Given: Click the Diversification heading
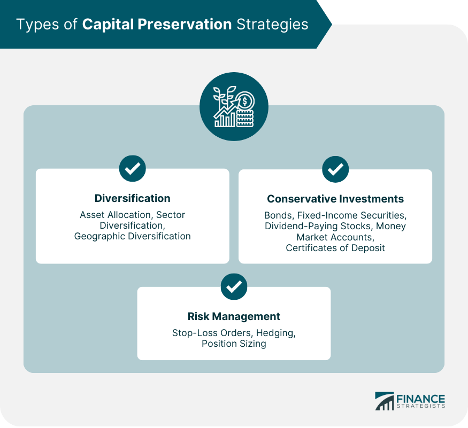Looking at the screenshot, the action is click(132, 198).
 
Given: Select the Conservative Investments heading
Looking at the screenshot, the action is click(335, 199).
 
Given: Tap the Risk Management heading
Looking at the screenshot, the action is click(234, 316).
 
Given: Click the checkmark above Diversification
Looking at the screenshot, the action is click(133, 168).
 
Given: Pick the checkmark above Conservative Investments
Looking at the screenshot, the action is click(335, 169).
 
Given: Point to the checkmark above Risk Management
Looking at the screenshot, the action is click(234, 286).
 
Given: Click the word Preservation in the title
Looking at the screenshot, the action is click(185, 24).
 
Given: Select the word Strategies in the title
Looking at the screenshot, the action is click(272, 25).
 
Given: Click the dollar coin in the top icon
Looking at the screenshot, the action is click(245, 101).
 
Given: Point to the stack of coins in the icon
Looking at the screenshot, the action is click(245, 119).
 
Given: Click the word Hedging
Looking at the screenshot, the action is click(276, 333).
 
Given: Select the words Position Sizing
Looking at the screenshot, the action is click(234, 344).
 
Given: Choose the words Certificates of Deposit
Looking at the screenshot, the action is click(335, 248).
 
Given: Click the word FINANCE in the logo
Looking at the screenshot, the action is click(420, 399).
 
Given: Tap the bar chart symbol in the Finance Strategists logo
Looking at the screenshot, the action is click(385, 401).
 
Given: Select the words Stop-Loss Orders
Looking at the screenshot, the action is click(212, 333).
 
